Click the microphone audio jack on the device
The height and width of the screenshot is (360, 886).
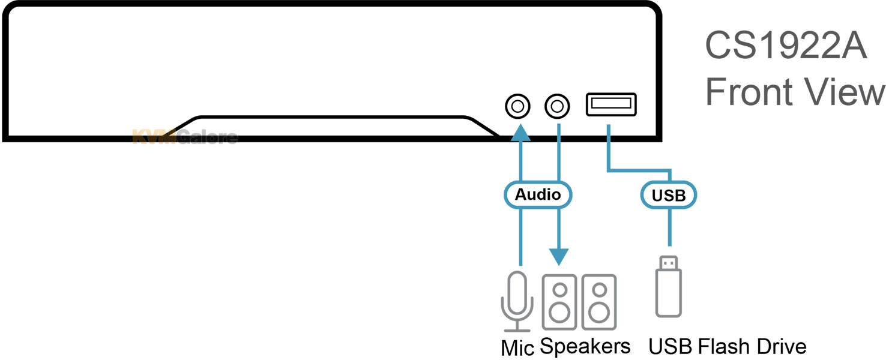coord(518,107)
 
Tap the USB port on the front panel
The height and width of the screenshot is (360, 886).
coord(611,105)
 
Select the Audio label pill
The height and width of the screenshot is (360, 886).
coord(538,194)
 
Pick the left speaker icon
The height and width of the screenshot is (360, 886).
coord(559,302)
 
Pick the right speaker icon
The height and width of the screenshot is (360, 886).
coord(598,302)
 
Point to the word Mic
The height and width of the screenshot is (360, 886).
coord(517,347)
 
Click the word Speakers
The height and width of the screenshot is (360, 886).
coord(585,347)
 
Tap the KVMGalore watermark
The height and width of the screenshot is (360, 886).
coord(184,137)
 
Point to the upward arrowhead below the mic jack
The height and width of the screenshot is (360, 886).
coord(520,133)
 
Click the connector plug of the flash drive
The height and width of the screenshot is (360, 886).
coord(669,262)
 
